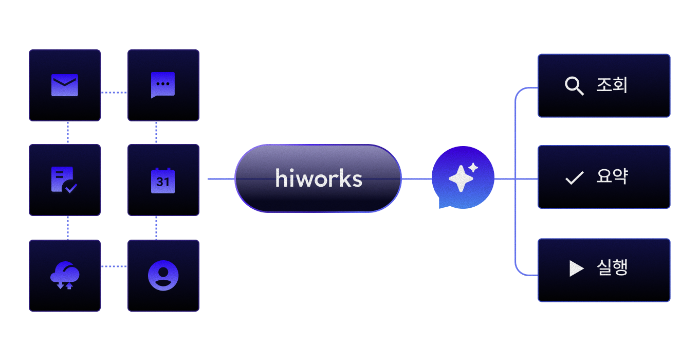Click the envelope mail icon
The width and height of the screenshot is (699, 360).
pyautogui.click(x=65, y=85)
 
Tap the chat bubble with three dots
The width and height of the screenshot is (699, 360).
pyautogui.click(x=163, y=85)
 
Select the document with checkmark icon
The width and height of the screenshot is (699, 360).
pyautogui.click(x=64, y=180)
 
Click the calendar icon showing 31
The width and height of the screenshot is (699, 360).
pyautogui.click(x=163, y=181)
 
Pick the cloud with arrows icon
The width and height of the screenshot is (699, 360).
pyautogui.click(x=65, y=275)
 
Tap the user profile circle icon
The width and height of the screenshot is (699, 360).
pyautogui.click(x=163, y=275)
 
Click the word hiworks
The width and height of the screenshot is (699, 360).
pyautogui.click(x=319, y=178)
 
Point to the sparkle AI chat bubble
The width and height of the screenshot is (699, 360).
pyautogui.click(x=463, y=177)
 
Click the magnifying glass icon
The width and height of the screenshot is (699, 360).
pyautogui.click(x=574, y=85)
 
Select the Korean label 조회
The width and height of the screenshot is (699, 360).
pyautogui.click(x=612, y=85)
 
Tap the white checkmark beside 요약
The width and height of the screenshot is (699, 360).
pyautogui.click(x=575, y=178)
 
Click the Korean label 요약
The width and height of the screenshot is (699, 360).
pyautogui.click(x=612, y=176)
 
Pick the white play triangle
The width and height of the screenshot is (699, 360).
pyautogui.click(x=576, y=268)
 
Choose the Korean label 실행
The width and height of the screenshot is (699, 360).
pyautogui.click(x=612, y=267)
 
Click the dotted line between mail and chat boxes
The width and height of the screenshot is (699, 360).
pyautogui.click(x=114, y=93)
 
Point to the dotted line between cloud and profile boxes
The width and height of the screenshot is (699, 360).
pyautogui.click(x=114, y=266)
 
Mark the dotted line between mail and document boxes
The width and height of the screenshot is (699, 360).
pyautogui.click(x=68, y=132)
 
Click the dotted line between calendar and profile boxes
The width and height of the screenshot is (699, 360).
pyautogui.click(x=156, y=228)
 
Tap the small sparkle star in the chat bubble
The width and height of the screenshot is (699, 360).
pyautogui.click(x=473, y=168)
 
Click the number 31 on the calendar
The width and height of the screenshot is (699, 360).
pyautogui.click(x=162, y=182)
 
